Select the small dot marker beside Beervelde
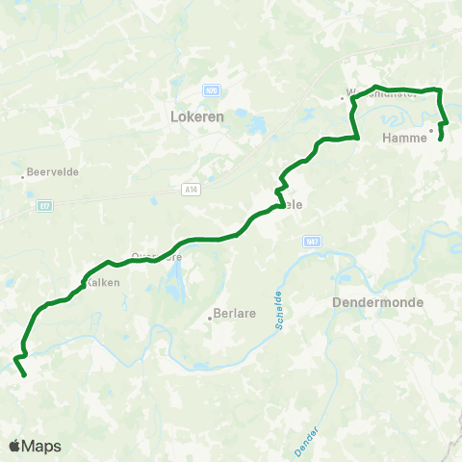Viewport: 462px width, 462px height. pyautogui.click(x=23, y=177)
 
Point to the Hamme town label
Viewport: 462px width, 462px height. pyautogui.click(x=404, y=138)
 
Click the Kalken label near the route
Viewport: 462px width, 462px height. pyautogui.click(x=102, y=282)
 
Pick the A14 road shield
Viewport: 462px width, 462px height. pyautogui.click(x=191, y=190)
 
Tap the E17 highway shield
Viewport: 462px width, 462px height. pyautogui.click(x=45, y=205)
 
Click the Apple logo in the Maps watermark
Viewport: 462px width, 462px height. pyautogui.click(x=16, y=446)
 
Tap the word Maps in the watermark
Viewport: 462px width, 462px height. pyautogui.click(x=43, y=446)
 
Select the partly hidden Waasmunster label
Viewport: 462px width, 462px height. pyautogui.click(x=381, y=96)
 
